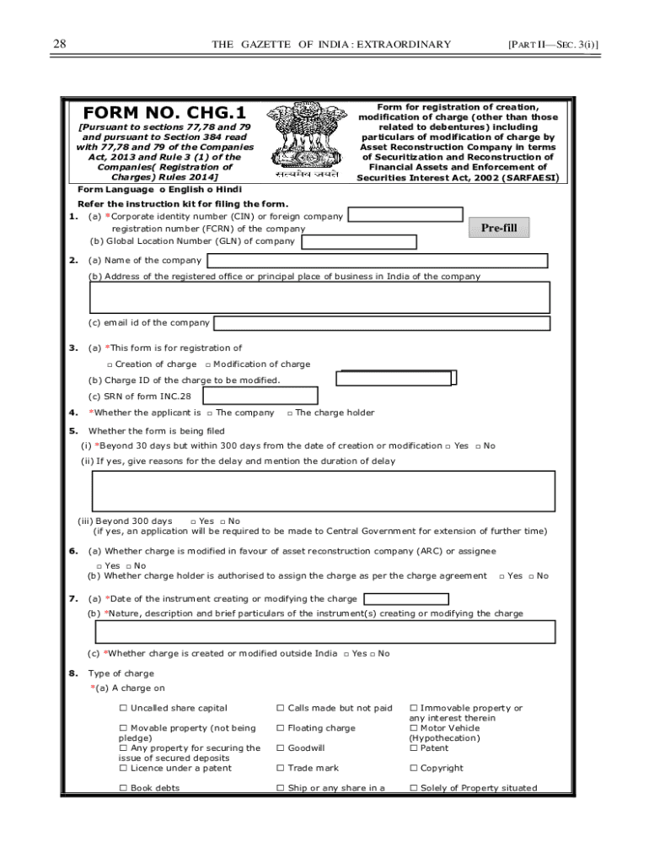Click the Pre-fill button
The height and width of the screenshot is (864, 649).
pos(499,228)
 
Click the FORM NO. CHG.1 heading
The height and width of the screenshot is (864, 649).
pos(164,112)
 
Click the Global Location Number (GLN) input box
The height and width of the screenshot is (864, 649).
pos(359,242)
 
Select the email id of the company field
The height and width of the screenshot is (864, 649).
pos(382,323)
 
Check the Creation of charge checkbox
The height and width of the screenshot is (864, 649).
pos(110,364)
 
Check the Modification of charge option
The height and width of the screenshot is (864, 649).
pos(207,364)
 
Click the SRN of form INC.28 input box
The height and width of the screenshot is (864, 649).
pos(260,396)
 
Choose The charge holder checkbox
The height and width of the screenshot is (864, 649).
pos(289,413)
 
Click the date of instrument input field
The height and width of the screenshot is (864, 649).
pos(405,599)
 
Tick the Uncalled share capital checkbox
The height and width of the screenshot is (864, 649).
pos(123,708)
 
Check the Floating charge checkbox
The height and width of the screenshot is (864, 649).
pos(281,728)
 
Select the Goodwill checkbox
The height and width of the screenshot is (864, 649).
pos(281,748)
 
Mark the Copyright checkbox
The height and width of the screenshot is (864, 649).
pos(413,769)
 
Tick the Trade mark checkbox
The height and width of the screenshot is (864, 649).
pos(281,769)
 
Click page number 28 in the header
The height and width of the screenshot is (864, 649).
pos(59,44)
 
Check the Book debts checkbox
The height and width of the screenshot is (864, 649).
pos(123,788)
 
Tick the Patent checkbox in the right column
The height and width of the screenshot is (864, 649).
pos(413,748)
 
